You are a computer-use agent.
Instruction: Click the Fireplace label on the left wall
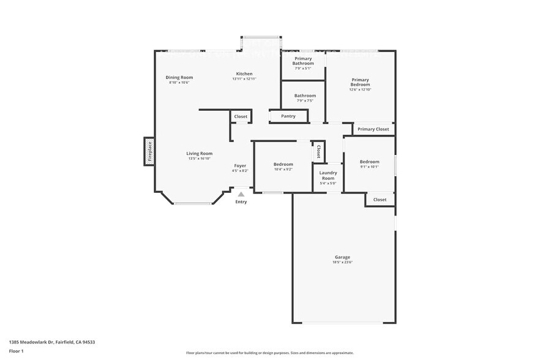click(149, 151)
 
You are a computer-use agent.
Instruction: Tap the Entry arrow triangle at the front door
click(241, 194)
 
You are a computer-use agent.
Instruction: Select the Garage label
click(342, 257)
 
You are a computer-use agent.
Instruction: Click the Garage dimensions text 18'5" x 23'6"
click(342, 262)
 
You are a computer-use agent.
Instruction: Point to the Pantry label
click(288, 116)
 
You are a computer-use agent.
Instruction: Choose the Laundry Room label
click(328, 175)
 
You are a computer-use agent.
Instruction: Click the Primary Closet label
click(373, 129)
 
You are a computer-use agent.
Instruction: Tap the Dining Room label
click(179, 77)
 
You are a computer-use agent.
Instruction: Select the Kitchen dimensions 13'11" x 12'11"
click(244, 79)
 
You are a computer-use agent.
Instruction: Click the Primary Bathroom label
click(303, 61)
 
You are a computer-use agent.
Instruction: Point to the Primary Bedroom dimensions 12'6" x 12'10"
click(360, 89)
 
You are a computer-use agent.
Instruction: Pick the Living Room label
click(200, 153)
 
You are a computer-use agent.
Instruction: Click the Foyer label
click(240, 165)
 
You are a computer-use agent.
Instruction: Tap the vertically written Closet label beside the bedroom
click(318, 152)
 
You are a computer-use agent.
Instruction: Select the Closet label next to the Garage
click(380, 200)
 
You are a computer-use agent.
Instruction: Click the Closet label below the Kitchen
click(241, 116)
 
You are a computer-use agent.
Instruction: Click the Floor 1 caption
click(17, 351)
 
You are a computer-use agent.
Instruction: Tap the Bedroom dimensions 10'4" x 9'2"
click(283, 169)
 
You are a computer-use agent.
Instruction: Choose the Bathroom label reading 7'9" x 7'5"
click(305, 100)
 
